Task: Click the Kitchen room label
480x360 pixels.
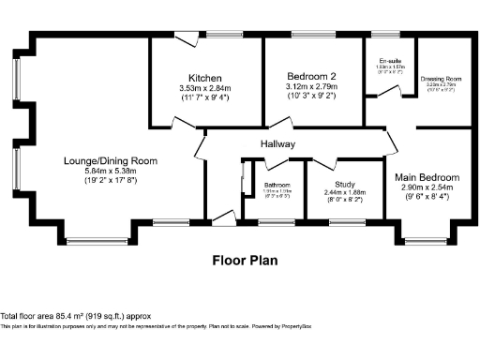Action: pyautogui.click(x=204, y=77)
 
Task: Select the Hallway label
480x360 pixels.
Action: pyautogui.click(x=278, y=144)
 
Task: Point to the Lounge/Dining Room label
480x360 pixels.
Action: pyautogui.click(x=104, y=161)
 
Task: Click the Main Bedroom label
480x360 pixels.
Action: pyautogui.click(x=427, y=177)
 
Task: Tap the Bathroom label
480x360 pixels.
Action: pyautogui.click(x=277, y=185)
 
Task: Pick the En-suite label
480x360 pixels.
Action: pyautogui.click(x=385, y=60)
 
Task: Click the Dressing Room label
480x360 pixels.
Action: pyautogui.click(x=440, y=78)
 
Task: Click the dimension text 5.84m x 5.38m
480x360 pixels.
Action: pyautogui.click(x=104, y=172)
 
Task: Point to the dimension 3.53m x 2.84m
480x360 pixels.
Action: pyautogui.click(x=204, y=88)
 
